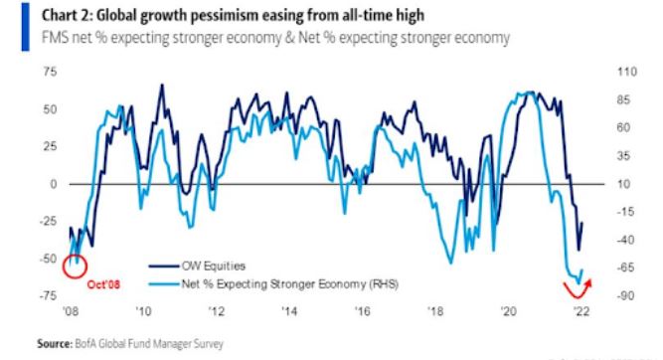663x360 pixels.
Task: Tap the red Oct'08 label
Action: pyautogui.click(x=103, y=284)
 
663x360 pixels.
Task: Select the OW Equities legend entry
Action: pyautogui.click(x=197, y=267)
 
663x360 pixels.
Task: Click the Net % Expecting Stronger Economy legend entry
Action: pyautogui.click(x=273, y=283)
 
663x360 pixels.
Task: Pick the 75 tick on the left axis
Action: pyautogui.click(x=50, y=72)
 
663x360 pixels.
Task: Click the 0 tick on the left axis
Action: pyautogui.click(x=54, y=184)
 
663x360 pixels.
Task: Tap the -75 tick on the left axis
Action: pyautogui.click(x=48, y=295)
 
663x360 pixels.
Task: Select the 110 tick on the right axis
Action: pyautogui.click(x=626, y=72)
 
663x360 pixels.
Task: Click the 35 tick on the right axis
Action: pyautogui.click(x=623, y=156)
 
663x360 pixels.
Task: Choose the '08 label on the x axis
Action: pyautogui.click(x=71, y=311)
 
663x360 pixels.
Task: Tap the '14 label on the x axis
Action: pyautogui.click(x=289, y=311)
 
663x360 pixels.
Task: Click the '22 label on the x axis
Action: pyautogui.click(x=580, y=311)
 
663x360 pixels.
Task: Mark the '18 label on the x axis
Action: pyautogui.click(x=435, y=311)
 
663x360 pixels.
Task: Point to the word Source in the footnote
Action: pyautogui.click(x=55, y=343)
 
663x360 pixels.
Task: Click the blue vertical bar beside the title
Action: pyautogui.click(x=26, y=27)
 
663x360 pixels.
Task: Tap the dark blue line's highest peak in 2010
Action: pyautogui.click(x=161, y=85)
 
